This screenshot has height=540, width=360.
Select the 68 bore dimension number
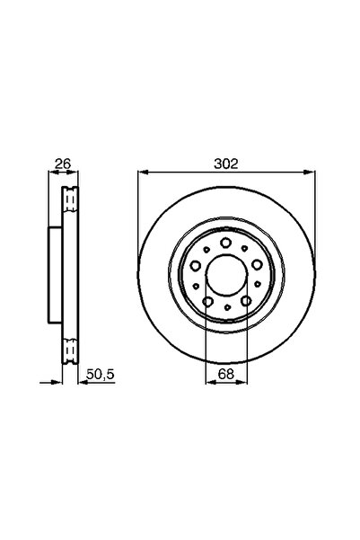pos(226,371)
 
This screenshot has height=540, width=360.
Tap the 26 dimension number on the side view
pos(63,164)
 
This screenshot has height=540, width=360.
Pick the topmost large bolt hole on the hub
pos(226,243)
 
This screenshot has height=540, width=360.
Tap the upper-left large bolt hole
pos(198,264)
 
